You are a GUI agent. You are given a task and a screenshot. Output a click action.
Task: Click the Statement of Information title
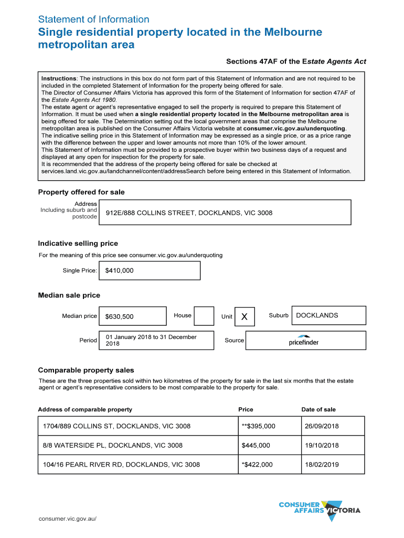(93, 19)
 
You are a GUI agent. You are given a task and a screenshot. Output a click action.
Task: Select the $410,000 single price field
(149, 271)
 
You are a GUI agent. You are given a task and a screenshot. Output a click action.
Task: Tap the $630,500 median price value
(132, 316)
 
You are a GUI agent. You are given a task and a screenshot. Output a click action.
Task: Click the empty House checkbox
(204, 316)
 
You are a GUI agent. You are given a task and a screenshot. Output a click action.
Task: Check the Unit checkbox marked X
(244, 316)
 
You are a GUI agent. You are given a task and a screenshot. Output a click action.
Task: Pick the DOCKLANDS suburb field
(328, 315)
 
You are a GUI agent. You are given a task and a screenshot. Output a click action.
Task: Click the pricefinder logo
(304, 340)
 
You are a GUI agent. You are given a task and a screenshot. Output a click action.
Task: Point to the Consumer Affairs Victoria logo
(320, 510)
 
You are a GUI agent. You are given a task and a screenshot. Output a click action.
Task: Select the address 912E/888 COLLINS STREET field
(225, 213)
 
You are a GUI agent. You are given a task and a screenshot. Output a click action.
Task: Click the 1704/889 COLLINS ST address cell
(137, 426)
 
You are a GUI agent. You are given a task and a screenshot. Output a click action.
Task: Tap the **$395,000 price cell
(269, 426)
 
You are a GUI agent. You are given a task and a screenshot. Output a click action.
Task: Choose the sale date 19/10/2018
(333, 445)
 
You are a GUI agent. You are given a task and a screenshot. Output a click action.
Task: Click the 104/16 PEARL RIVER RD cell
(137, 464)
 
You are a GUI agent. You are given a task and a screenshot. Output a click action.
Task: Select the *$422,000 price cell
(269, 464)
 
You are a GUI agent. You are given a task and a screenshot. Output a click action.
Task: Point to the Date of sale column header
(318, 409)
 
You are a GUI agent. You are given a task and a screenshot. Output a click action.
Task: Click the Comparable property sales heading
(86, 370)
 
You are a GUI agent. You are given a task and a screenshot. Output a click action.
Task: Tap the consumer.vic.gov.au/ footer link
(68, 519)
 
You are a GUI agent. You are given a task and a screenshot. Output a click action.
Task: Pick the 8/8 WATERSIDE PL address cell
(137, 445)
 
